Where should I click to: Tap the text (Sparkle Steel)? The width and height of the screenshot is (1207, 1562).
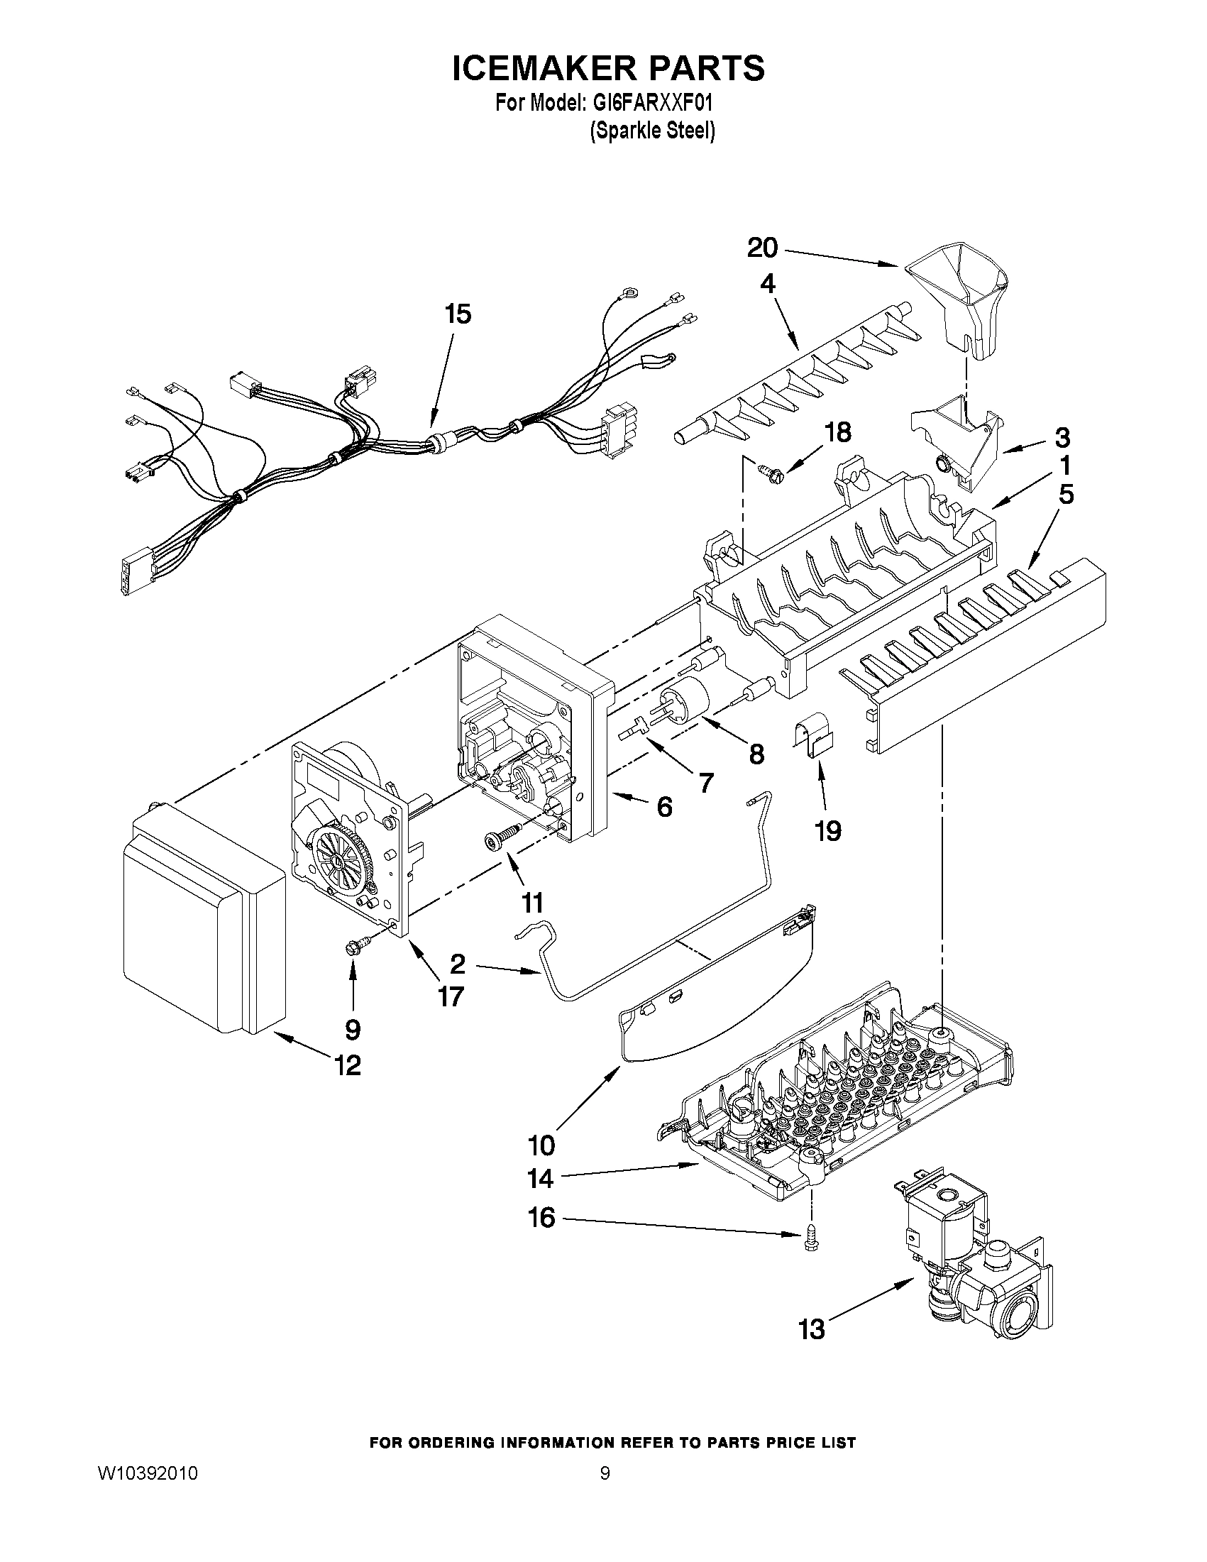point(651,131)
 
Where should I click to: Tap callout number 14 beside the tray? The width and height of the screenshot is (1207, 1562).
point(540,1178)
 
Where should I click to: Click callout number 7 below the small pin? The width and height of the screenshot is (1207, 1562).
point(705,784)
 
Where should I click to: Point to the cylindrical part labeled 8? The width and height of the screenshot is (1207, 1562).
point(686,699)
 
